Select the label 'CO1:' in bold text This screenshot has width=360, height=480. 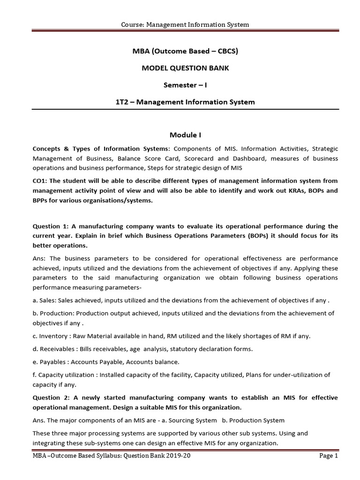point(40,181)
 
